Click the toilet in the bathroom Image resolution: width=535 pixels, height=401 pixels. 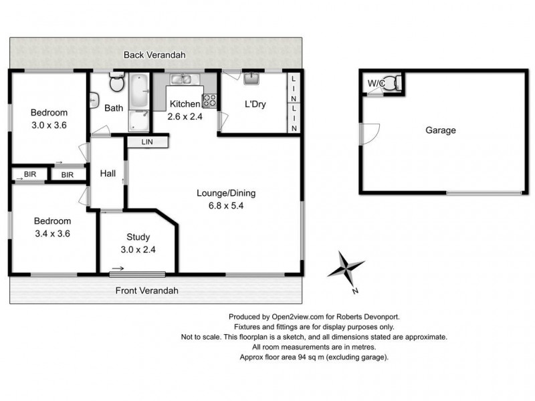click(x=116, y=82)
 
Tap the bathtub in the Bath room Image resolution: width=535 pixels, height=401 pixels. click(x=139, y=91)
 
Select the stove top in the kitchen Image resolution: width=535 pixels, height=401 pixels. click(x=209, y=101)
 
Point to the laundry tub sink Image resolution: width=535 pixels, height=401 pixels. click(x=252, y=78)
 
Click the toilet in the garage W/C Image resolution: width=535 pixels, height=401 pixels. click(x=393, y=83)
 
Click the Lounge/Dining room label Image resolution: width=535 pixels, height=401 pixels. click(x=226, y=193)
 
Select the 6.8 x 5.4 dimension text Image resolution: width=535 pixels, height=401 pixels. click(x=226, y=206)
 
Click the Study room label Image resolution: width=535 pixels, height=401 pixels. click(x=138, y=237)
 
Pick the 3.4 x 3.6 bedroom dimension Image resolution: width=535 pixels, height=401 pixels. click(x=52, y=233)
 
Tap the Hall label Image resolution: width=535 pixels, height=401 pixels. click(x=108, y=174)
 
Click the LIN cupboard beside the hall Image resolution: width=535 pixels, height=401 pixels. click(x=148, y=142)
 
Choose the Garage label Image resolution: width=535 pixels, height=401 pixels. click(x=441, y=130)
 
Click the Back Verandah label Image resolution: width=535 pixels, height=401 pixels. click(x=154, y=55)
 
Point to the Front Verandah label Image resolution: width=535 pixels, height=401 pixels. click(x=146, y=291)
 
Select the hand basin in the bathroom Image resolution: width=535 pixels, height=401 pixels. click(x=94, y=101)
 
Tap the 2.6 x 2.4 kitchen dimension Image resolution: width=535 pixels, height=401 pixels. click(x=185, y=116)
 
